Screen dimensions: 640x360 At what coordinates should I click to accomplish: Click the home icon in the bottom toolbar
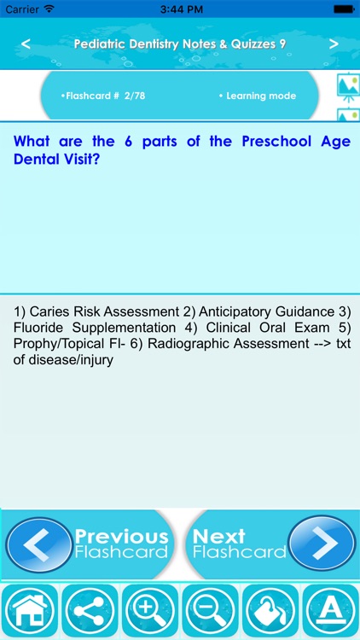point(30,612)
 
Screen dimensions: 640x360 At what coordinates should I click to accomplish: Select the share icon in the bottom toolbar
point(90,612)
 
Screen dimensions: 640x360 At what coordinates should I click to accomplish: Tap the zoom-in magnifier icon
point(150,612)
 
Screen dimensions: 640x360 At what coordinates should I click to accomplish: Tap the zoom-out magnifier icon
point(210,612)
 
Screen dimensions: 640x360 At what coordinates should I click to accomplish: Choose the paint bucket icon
point(270,612)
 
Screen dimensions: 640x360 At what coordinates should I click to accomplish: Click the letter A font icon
point(330,612)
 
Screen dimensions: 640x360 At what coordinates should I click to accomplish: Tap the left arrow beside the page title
point(26,44)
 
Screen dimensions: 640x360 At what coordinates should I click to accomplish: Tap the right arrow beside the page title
point(334,44)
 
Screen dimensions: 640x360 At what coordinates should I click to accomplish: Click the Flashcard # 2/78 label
point(103,96)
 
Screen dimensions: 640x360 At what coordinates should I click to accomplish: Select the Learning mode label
point(257,96)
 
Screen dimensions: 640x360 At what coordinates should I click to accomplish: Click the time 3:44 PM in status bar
point(180,9)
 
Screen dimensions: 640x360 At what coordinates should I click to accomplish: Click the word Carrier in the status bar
point(22,9)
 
